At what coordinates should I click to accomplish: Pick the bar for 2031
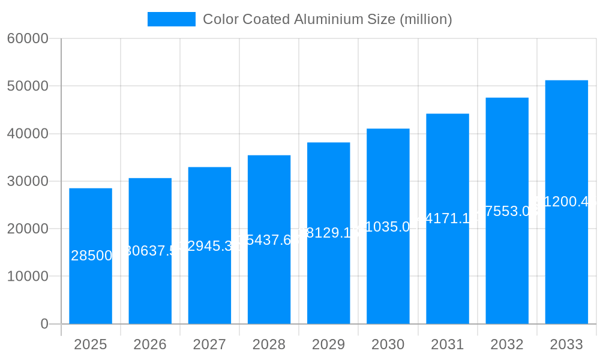tap(448, 270)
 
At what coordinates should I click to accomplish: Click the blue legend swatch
tap(172, 19)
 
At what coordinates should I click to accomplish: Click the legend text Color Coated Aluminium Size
tap(327, 19)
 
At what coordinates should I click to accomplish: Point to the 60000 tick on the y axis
tap(28, 39)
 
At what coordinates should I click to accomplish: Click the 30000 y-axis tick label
tap(28, 181)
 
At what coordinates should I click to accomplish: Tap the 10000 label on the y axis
tap(28, 277)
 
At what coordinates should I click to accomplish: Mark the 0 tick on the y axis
tap(44, 324)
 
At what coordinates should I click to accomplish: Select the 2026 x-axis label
tap(150, 344)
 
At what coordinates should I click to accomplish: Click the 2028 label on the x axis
tap(269, 344)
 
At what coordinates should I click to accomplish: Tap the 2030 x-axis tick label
tap(388, 344)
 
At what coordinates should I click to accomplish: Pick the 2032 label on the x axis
tap(507, 344)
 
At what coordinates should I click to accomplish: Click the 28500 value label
tap(91, 256)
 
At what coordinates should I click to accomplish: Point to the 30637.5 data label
tap(150, 251)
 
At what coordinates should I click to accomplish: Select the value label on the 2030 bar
tap(388, 227)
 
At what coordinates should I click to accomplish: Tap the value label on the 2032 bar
tap(507, 211)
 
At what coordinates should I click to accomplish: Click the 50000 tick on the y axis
tap(28, 86)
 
